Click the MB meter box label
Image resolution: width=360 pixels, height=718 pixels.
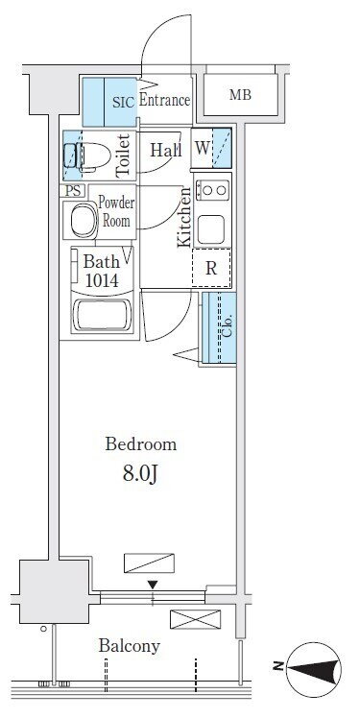tap(240, 95)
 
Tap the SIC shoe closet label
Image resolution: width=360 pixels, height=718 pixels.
tap(124, 102)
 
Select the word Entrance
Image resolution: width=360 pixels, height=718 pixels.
tap(164, 100)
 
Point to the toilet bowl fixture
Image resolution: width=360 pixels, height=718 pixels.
tap(87, 156)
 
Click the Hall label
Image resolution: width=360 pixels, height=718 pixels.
tap(166, 150)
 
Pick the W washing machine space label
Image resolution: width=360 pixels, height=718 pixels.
tap(202, 149)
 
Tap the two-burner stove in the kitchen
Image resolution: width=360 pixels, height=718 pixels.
tap(212, 189)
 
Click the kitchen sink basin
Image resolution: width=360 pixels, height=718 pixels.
tap(210, 227)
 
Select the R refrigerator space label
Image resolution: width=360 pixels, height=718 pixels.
tap(210, 269)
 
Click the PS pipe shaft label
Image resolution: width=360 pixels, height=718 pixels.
tap(72, 190)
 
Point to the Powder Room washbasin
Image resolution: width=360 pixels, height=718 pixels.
tap(83, 220)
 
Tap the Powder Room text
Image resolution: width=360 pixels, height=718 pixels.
tap(116, 212)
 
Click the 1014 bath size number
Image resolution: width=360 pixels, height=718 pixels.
tap(103, 280)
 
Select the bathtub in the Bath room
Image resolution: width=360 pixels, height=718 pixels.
tap(102, 315)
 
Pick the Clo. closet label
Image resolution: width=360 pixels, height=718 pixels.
tap(228, 325)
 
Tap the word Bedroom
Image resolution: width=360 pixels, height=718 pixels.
tap(140, 444)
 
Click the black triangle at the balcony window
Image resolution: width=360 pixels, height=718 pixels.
tap(153, 585)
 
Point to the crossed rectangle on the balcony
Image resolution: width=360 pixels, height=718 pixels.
tap(195, 619)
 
